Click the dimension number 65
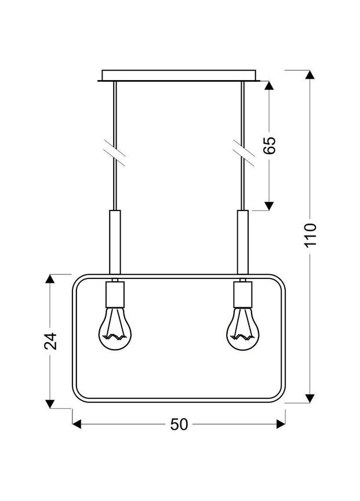click(269, 146)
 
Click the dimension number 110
click(311, 234)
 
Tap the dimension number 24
click(51, 342)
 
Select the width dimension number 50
click(179, 425)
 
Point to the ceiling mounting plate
click(179, 75)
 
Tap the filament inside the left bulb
click(115, 337)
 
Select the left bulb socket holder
click(115, 294)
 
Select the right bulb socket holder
click(242, 294)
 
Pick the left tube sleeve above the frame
click(115, 241)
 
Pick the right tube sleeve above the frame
click(242, 241)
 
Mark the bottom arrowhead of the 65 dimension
click(269, 205)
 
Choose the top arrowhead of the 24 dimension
click(51, 279)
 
